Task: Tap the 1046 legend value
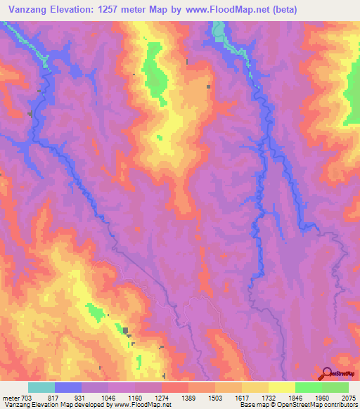(108, 397)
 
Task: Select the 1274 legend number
(161, 397)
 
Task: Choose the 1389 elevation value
(188, 397)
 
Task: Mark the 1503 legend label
(214, 397)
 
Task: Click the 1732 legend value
(268, 397)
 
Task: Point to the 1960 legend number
(321, 397)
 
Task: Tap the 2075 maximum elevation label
(347, 397)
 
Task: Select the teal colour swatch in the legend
(41, 387)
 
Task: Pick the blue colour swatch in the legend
(67, 387)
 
